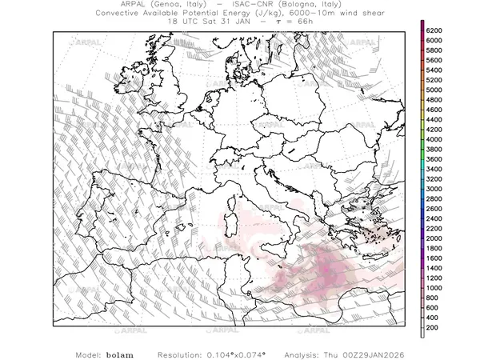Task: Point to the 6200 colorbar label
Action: point(435,30)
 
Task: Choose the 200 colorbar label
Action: point(433,328)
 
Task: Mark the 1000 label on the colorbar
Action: point(435,288)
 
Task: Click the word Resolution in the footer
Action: point(181,353)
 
